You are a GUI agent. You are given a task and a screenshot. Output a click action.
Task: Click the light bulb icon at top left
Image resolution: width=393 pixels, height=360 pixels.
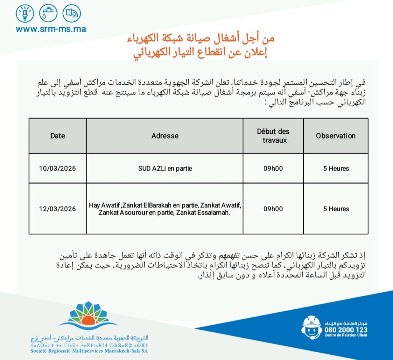pyautogui.click(x=25, y=13)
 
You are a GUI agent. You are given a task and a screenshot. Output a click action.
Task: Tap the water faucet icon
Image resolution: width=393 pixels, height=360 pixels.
pyautogui.click(x=48, y=13)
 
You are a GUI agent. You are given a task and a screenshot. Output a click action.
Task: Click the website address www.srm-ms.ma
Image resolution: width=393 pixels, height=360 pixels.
pyautogui.click(x=51, y=29)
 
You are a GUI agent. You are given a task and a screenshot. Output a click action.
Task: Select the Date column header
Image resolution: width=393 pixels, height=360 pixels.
pyautogui.click(x=58, y=136)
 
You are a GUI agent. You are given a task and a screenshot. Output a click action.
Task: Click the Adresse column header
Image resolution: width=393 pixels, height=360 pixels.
pyautogui.click(x=165, y=136)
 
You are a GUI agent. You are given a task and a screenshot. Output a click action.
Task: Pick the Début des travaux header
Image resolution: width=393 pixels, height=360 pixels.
pyautogui.click(x=273, y=136)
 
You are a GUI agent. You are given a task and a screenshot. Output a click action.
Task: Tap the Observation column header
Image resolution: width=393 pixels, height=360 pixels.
pyautogui.click(x=335, y=136)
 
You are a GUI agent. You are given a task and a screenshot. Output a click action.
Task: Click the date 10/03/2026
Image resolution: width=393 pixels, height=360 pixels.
pyautogui.click(x=58, y=168)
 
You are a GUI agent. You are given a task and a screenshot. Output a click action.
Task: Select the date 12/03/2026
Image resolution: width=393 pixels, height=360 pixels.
pyautogui.click(x=58, y=209)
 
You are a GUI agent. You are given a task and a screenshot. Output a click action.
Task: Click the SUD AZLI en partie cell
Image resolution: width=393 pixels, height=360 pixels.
pyautogui.click(x=165, y=168)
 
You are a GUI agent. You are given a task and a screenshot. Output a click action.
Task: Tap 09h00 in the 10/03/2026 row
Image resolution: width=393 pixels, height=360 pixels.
pyautogui.click(x=273, y=168)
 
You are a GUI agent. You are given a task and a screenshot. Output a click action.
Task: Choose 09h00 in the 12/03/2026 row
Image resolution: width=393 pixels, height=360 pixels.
pyautogui.click(x=273, y=209)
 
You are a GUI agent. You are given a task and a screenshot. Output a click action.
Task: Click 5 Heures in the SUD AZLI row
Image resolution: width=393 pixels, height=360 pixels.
pyautogui.click(x=336, y=168)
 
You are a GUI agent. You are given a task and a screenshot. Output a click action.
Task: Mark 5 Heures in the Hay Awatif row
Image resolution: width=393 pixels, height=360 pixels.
pyautogui.click(x=336, y=209)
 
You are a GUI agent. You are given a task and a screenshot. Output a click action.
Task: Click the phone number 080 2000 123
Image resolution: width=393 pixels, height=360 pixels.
pyautogui.click(x=346, y=330)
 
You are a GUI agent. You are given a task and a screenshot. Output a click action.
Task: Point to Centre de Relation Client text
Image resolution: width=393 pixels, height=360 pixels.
pyautogui.click(x=346, y=335)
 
